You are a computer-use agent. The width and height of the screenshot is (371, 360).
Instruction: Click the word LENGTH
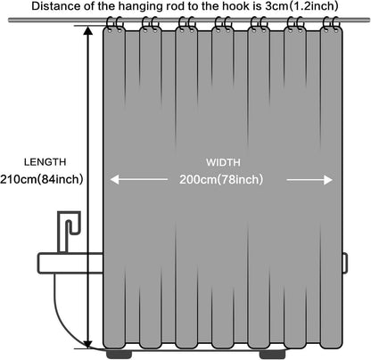tap(45, 162)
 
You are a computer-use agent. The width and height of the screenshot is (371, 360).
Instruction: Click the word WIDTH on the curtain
tap(223, 162)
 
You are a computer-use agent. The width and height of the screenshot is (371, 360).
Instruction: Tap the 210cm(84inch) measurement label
tap(42, 179)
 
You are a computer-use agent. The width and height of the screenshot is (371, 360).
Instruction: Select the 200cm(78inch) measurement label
tap(221, 179)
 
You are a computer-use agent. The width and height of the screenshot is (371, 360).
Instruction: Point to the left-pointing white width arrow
tap(139, 179)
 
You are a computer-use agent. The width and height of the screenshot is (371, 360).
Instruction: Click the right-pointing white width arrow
tap(309, 180)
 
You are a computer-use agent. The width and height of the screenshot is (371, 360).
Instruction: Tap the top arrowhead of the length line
tap(88, 30)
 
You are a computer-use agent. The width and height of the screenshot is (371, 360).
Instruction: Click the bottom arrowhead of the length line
tap(88, 344)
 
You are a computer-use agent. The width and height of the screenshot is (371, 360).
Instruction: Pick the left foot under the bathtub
tap(119, 355)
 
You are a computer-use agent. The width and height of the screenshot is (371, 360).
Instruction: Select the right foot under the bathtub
tap(273, 355)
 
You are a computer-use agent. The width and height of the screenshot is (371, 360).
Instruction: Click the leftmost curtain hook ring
tap(110, 24)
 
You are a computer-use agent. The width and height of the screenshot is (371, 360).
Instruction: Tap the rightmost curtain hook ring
tap(335, 24)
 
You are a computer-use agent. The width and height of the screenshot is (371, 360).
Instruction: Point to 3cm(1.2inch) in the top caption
tap(301, 6)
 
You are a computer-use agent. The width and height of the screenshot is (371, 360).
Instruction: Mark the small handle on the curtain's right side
tap(345, 263)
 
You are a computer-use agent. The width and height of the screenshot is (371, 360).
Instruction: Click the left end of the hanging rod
tap(9, 20)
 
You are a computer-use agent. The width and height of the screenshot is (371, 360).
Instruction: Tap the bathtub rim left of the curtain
tap(70, 263)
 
